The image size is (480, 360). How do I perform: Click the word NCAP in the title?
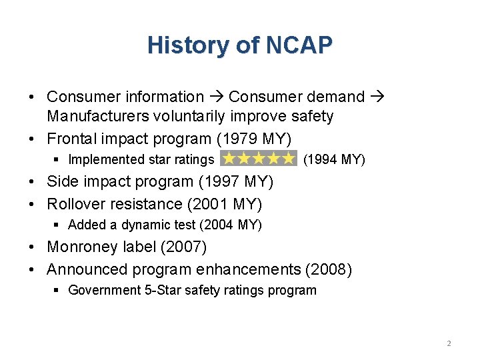[299, 45]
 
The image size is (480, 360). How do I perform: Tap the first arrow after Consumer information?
[216, 97]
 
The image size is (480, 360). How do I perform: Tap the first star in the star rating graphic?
[229, 159]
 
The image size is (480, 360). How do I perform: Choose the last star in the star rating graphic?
[288, 159]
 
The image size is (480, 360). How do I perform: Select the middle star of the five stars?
[259, 159]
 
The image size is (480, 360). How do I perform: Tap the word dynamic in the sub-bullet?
[141, 225]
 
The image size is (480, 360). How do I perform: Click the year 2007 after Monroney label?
[185, 247]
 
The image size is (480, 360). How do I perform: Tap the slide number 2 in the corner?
[449, 343]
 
